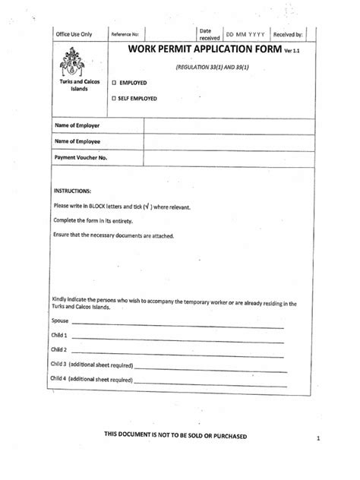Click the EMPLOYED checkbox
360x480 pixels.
click(x=115, y=82)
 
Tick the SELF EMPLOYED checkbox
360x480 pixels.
click(x=115, y=98)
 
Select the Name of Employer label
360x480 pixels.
click(x=77, y=125)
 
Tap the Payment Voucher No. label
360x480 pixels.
click(x=81, y=157)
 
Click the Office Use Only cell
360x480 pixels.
click(x=73, y=34)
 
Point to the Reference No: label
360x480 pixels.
click(x=125, y=35)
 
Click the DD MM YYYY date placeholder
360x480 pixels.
click(x=245, y=34)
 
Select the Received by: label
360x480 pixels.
click(x=288, y=34)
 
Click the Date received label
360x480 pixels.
click(x=209, y=34)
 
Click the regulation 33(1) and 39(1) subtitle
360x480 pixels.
click(x=213, y=67)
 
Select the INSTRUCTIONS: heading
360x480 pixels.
click(x=72, y=191)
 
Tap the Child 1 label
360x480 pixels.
click(x=59, y=335)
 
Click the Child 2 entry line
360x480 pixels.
click(x=178, y=352)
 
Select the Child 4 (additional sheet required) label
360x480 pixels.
click(x=92, y=378)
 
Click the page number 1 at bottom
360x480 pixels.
click(x=320, y=439)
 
